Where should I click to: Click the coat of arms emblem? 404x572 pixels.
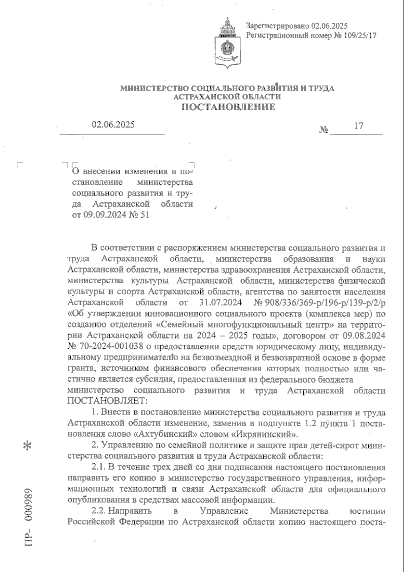click(228, 44)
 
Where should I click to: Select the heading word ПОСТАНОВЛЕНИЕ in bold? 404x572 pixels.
click(229, 107)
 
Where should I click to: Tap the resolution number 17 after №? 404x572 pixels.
click(359, 126)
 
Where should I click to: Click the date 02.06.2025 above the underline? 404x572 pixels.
click(113, 124)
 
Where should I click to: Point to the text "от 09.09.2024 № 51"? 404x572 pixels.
click(110, 214)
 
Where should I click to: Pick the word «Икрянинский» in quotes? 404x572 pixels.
click(257, 433)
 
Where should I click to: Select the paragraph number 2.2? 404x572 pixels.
click(98, 511)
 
